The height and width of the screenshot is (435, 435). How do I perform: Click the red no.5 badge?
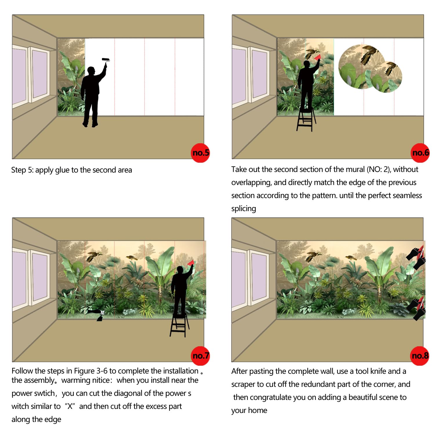click(x=200, y=153)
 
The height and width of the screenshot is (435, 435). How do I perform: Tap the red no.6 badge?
click(x=420, y=153)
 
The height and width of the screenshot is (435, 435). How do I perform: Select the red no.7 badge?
click(x=200, y=356)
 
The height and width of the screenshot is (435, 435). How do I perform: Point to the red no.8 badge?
click(x=420, y=356)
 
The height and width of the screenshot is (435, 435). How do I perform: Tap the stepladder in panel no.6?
click(x=306, y=119)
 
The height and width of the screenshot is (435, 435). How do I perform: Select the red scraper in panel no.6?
click(x=318, y=57)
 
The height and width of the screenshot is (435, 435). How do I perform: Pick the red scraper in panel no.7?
click(x=191, y=263)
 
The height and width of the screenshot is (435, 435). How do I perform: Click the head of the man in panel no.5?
click(x=91, y=70)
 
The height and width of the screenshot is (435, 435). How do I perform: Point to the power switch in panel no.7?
click(x=102, y=312)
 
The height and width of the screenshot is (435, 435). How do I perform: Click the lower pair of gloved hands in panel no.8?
click(x=416, y=309)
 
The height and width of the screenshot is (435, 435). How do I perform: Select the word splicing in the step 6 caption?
click(x=244, y=209)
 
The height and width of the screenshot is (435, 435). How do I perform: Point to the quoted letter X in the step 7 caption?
click(x=70, y=406)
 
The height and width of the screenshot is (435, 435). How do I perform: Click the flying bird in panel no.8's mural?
click(x=313, y=256)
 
